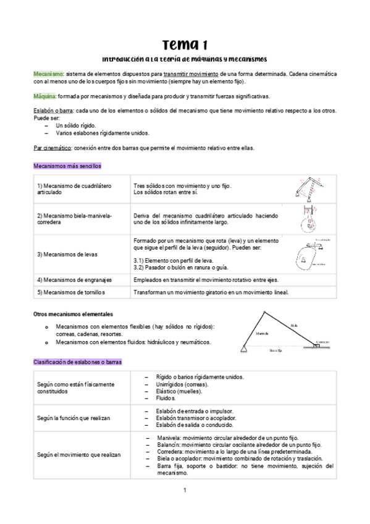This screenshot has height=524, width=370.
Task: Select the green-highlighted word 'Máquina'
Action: click(44, 96)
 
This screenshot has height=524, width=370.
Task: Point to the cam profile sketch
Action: click(311, 254)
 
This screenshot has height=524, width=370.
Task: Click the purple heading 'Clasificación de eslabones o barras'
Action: click(77, 361)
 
